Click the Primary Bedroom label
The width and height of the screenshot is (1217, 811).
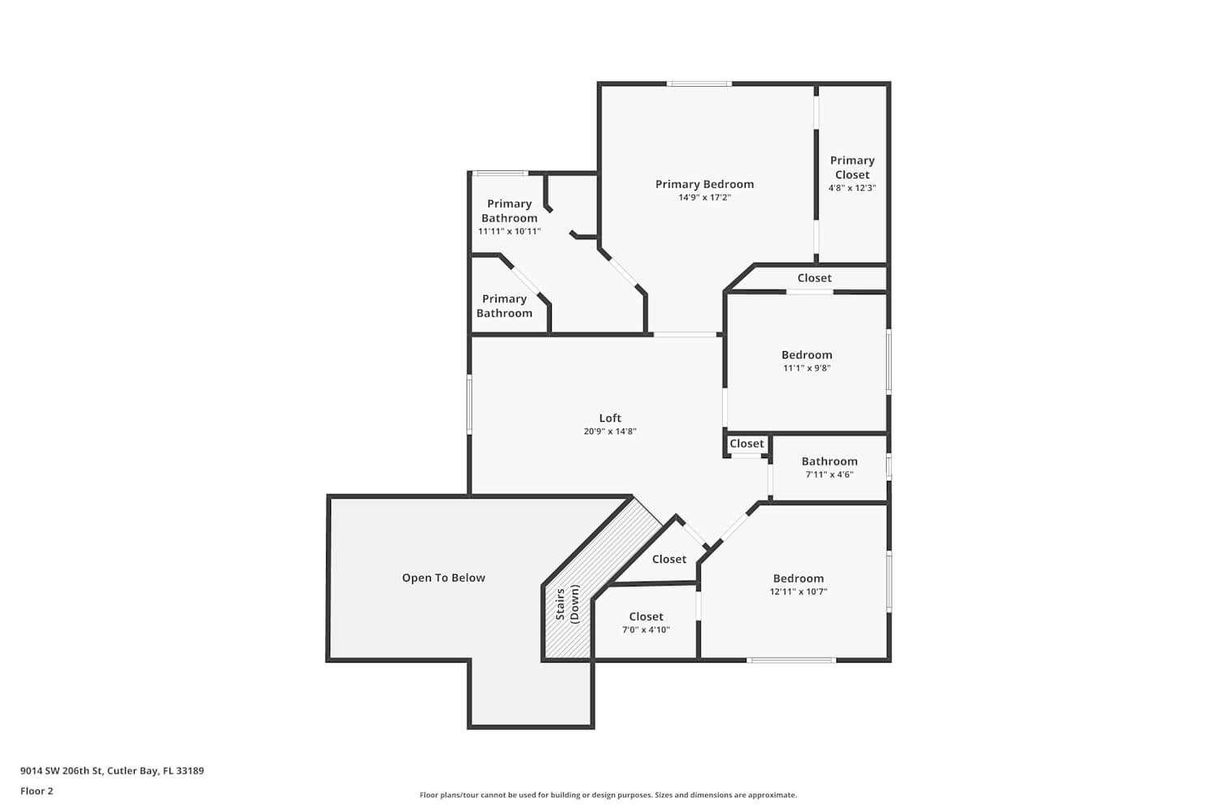pos(704,184)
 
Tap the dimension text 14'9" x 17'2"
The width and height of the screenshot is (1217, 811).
pos(704,198)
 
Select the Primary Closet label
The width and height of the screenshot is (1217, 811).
pos(852,167)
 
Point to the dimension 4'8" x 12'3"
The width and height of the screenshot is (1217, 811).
pos(852,188)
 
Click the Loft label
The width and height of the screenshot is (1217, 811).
pos(609,418)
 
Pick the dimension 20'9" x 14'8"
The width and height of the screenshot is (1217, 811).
pos(609,431)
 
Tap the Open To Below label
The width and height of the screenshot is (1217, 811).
pos(443,578)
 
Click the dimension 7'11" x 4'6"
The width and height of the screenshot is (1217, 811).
pos(829,474)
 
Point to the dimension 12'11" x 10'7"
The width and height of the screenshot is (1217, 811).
pos(798,591)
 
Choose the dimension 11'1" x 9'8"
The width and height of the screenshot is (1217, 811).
pos(806,368)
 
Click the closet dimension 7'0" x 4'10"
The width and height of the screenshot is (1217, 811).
pos(646,630)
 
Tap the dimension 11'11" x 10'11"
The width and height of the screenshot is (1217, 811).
pos(509,231)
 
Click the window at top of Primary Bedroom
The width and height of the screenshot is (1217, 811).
pos(699,84)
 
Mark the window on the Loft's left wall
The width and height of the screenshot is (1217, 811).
pos(470,404)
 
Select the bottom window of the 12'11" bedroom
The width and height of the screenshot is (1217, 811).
pos(791,660)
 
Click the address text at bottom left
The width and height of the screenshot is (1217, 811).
pos(112,770)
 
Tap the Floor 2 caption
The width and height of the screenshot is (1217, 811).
pos(37,791)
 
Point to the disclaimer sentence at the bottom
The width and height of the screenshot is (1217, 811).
pos(608,795)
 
